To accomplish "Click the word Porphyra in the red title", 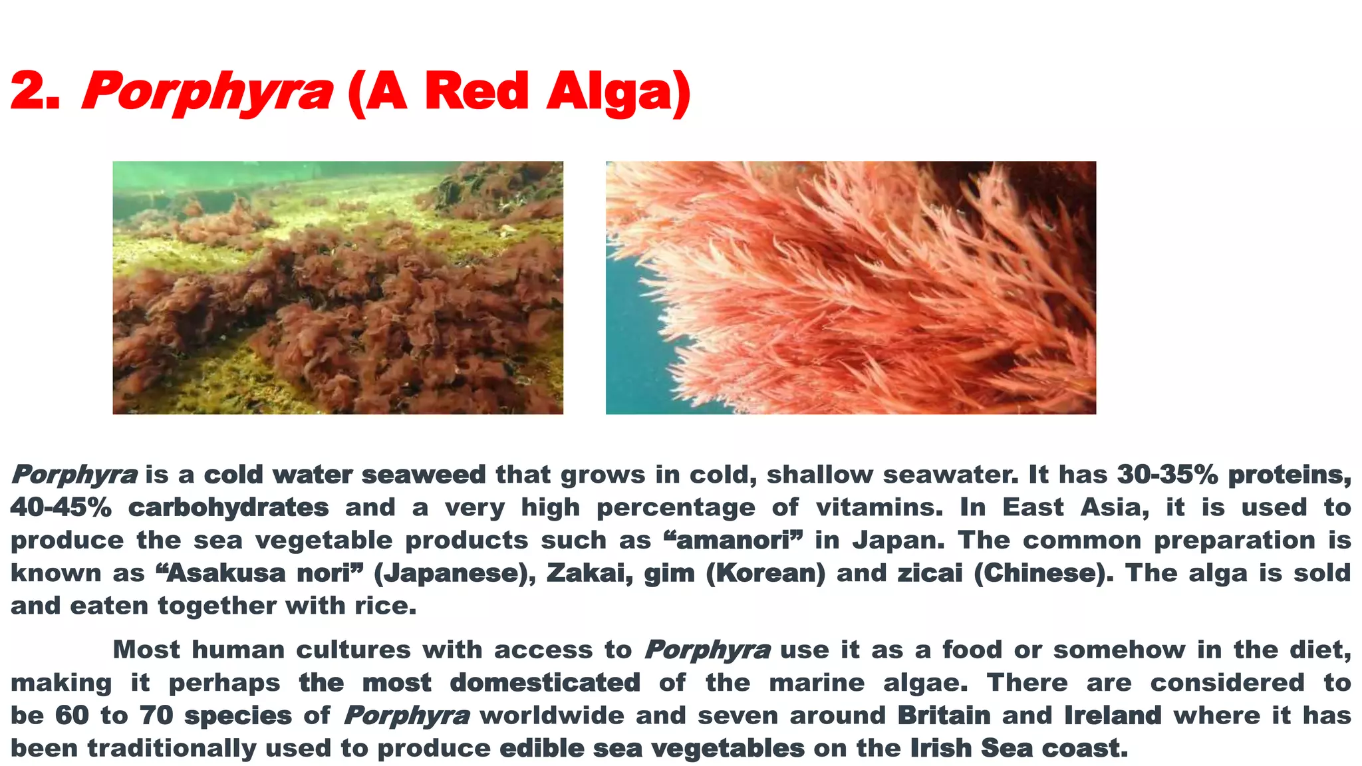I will [206, 92].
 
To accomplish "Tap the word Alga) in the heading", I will [618, 92].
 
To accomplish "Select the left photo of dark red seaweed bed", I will [338, 287].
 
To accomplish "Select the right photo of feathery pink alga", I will [851, 287].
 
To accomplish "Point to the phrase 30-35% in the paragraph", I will [1167, 475].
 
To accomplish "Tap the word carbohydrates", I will [229, 507].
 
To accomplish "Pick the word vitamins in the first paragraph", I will [879, 507].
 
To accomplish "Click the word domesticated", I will [545, 683].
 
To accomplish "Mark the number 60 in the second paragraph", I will [72, 715].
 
